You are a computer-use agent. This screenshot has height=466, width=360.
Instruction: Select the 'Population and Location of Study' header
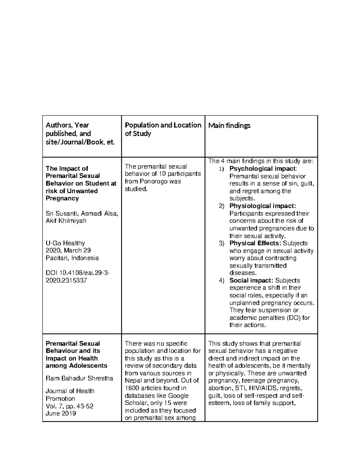click(x=163, y=129)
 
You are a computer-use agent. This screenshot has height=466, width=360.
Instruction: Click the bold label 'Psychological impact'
click(x=262, y=169)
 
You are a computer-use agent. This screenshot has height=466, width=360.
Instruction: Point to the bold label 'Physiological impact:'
click(x=262, y=206)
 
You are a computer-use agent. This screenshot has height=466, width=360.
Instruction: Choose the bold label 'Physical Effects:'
click(x=255, y=243)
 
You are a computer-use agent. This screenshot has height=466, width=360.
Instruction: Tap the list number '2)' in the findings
click(x=221, y=206)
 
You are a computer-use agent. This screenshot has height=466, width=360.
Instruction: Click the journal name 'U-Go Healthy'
click(x=65, y=243)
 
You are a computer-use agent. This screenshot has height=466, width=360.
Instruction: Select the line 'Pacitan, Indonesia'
click(x=72, y=258)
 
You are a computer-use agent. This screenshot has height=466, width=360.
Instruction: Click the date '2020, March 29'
click(x=68, y=250)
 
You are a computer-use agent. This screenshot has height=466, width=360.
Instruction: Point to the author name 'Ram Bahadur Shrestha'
click(x=79, y=378)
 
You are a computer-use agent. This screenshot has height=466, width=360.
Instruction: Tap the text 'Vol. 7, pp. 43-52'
click(x=69, y=406)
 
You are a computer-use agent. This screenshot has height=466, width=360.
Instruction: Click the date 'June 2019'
click(x=61, y=413)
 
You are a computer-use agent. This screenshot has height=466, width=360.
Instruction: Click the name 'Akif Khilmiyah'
click(x=66, y=221)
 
